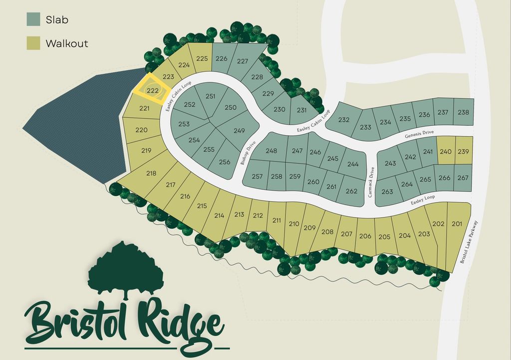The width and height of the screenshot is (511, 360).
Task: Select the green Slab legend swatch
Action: (33, 19)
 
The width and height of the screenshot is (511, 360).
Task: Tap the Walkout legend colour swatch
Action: (33, 43)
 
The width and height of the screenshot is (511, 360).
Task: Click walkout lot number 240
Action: (445, 152)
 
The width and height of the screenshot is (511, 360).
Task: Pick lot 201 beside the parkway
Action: (457, 224)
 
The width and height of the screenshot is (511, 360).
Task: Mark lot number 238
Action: (463, 112)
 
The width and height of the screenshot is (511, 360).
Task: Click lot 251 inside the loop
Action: (210, 96)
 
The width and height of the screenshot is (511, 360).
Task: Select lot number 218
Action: (151, 173)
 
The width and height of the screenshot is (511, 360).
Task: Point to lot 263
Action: (387, 192)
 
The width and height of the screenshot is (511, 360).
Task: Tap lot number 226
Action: (221, 58)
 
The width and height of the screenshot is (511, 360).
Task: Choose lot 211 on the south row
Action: (277, 220)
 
